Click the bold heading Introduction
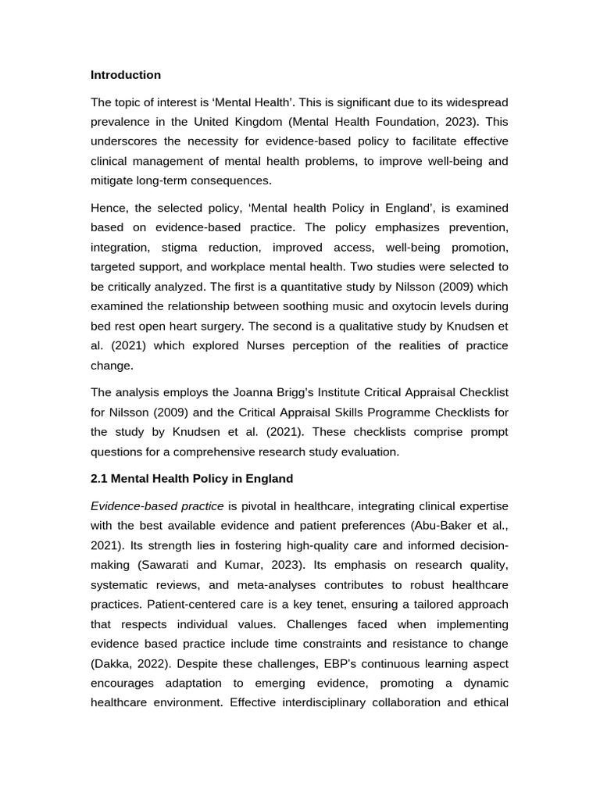click(x=126, y=75)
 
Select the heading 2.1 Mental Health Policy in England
click(x=191, y=479)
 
